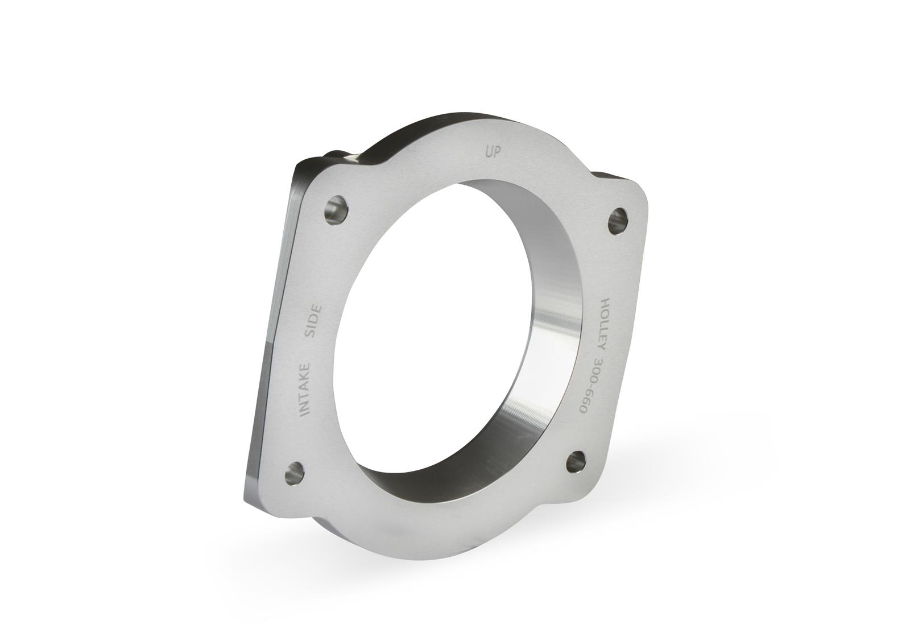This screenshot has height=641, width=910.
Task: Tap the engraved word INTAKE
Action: click(x=305, y=390)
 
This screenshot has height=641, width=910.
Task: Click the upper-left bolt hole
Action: click(x=337, y=210)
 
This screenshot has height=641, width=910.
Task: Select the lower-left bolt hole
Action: click(x=294, y=473)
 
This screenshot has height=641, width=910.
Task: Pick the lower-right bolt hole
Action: click(x=576, y=461)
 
